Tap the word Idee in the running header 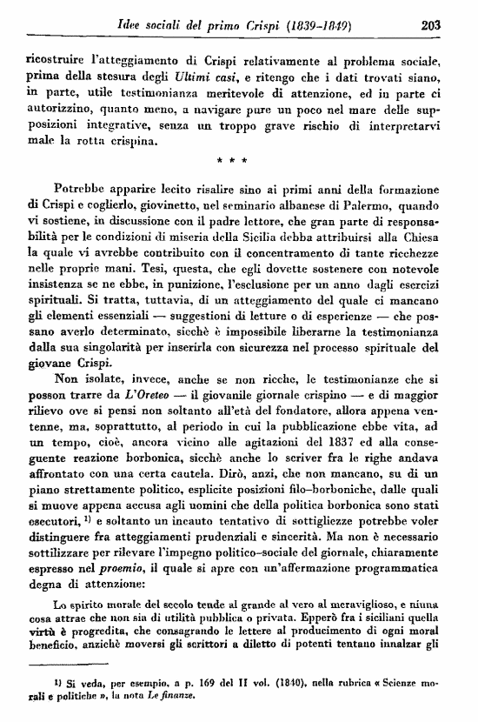[130, 26]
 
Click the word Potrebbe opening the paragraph [82, 188]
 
